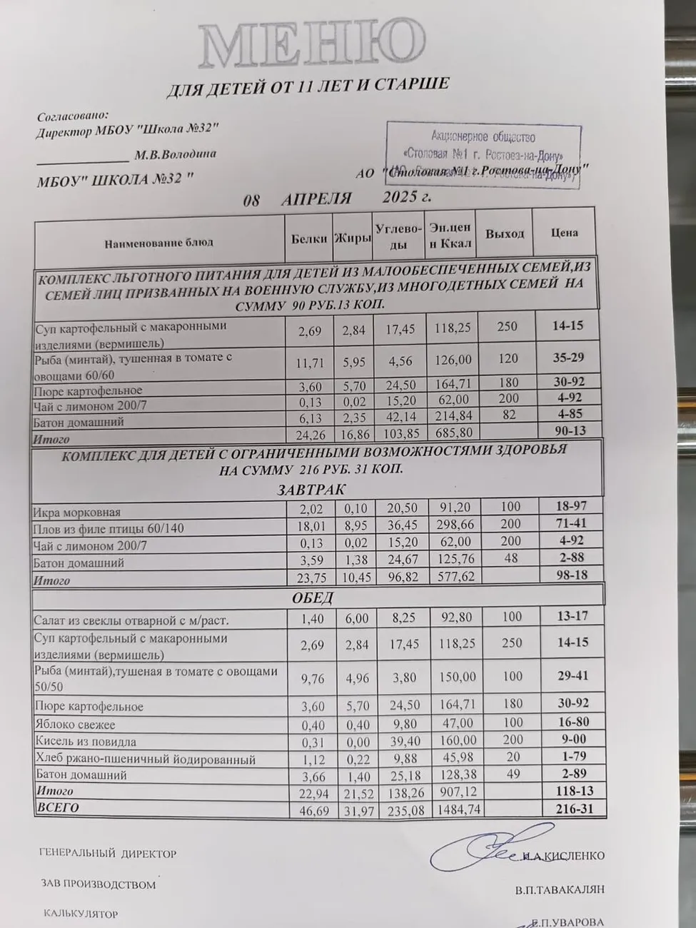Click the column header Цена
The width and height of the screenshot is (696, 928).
[x=564, y=233]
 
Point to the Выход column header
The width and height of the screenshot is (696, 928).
[x=505, y=233]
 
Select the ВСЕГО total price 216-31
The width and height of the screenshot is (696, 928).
[x=573, y=808]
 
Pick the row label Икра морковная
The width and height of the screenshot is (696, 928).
[x=77, y=512]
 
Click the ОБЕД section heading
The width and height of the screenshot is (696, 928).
[x=313, y=597]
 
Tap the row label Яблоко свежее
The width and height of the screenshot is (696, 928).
[x=75, y=725]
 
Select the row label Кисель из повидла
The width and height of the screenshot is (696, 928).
[x=86, y=742]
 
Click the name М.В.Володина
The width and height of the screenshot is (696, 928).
[x=175, y=154]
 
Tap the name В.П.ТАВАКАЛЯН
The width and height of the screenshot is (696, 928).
[x=559, y=889]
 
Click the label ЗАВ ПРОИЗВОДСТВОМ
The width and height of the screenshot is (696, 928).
[x=99, y=884]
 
